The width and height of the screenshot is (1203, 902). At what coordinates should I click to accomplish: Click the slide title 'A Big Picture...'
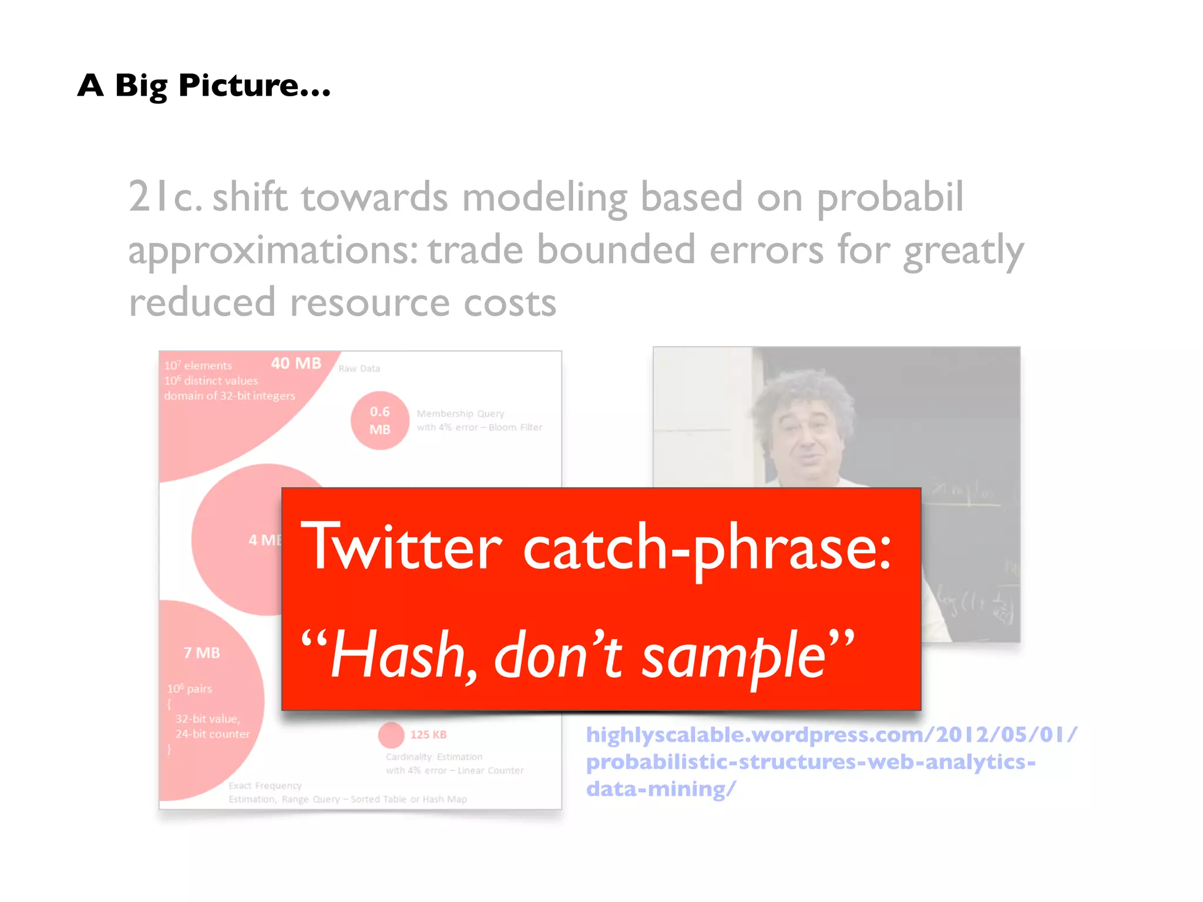pos(204,86)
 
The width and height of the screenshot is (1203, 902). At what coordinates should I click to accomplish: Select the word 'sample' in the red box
pos(734,654)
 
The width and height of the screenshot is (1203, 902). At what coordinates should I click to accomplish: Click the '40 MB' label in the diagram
pos(296,363)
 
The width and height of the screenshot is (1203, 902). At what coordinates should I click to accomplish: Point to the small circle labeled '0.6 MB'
pos(379,420)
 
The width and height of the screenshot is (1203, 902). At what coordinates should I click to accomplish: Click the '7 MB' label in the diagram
pos(201,652)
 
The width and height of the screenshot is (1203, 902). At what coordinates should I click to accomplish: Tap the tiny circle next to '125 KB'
pos(391,735)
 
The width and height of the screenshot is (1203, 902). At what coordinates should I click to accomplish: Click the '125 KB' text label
pos(428,735)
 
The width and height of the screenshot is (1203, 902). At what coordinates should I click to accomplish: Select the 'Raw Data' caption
pos(359,368)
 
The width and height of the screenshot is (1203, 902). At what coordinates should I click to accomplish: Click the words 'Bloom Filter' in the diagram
pos(515,427)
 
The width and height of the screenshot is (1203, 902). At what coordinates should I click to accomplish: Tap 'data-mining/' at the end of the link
pos(660,789)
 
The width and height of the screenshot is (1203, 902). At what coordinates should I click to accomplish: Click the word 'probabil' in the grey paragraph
pos(890,197)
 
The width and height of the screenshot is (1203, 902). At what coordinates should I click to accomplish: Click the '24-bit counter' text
pos(213,733)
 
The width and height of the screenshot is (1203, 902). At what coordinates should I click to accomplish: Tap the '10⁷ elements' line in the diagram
pos(198,365)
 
